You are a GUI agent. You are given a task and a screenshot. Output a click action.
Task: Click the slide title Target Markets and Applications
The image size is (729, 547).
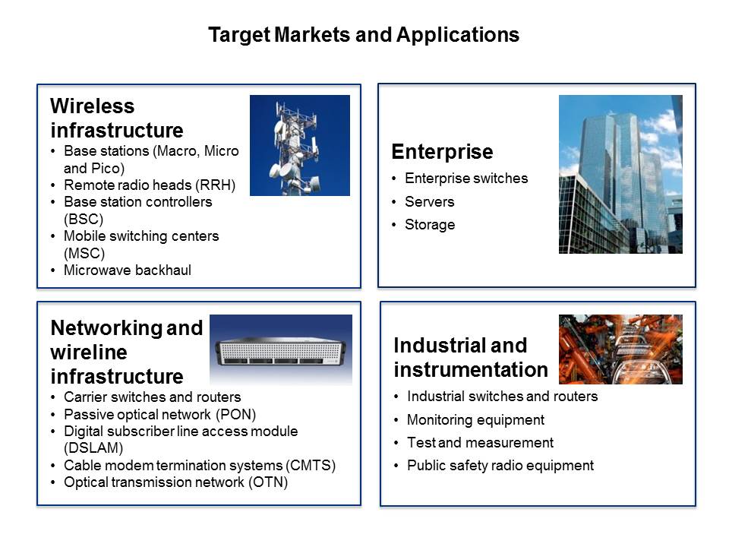364,35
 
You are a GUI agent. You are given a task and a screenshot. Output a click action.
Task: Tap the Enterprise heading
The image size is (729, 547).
442,152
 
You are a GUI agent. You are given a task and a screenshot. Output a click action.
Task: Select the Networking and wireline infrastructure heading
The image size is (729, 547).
126,353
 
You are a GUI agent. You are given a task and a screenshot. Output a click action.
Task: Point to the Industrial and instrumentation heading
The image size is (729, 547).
470,357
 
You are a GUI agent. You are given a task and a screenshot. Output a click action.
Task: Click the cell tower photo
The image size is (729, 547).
299,145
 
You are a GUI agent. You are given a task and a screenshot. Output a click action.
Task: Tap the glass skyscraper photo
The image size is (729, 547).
620,174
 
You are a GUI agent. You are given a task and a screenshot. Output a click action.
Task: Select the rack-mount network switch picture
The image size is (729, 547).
281,349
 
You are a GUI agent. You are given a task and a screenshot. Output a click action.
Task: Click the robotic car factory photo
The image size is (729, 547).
620,349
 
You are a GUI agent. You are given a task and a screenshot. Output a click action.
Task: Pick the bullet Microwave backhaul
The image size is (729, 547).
127,270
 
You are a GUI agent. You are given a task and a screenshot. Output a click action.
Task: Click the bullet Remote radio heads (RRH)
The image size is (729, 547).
150,185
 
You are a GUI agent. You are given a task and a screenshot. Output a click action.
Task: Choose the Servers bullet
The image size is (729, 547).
429,201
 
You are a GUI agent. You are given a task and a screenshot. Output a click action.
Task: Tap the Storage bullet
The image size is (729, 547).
430,224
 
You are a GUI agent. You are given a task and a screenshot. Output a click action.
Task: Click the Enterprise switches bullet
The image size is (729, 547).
465,179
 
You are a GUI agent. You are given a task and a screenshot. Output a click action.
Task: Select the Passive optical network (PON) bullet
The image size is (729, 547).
159,414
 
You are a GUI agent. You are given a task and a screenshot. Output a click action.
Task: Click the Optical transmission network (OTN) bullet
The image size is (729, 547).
175,482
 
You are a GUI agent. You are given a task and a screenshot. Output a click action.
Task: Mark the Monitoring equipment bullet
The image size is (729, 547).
475,419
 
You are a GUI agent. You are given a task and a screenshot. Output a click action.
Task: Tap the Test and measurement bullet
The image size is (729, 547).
480,442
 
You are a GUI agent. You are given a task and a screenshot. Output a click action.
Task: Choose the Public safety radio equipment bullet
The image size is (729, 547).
500,466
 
